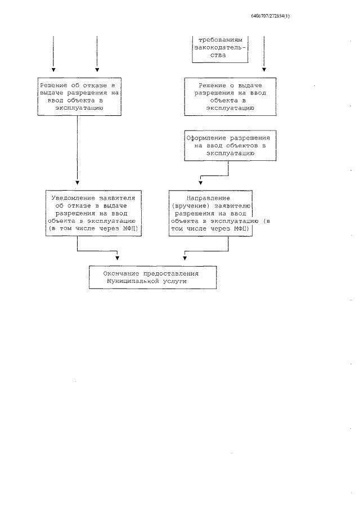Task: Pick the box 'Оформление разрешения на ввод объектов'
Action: (x=228, y=145)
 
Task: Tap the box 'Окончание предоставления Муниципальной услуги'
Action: (x=152, y=277)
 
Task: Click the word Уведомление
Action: (x=70, y=198)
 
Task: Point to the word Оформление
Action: (x=206, y=137)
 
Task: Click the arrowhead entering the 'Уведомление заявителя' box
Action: (x=77, y=183)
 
